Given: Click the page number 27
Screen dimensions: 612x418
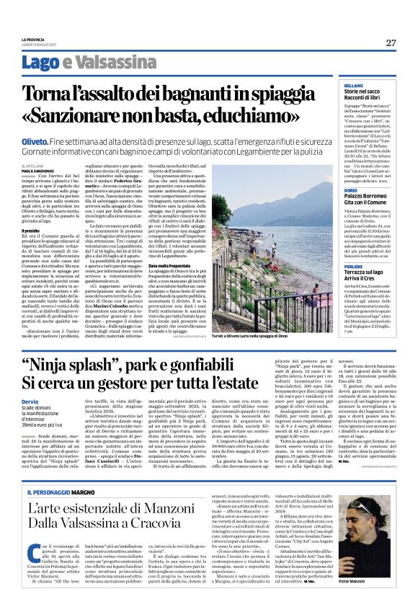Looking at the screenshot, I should (x=391, y=43).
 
